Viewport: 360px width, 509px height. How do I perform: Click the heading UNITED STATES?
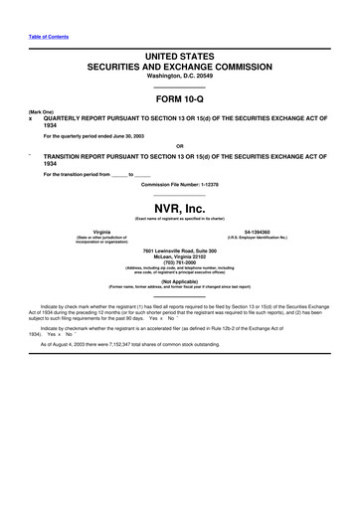click(x=179, y=60)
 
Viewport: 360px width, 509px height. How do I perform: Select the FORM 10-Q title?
click(x=179, y=101)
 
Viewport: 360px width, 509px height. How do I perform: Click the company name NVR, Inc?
click(x=179, y=205)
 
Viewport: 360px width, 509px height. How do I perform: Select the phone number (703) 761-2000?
click(x=179, y=261)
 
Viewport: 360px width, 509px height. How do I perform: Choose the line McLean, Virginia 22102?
click(x=179, y=255)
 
